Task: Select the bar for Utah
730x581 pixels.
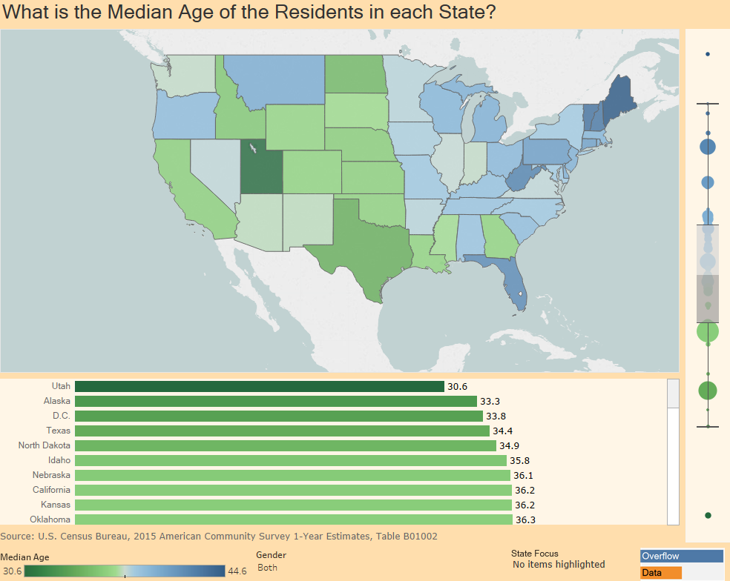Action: click(x=259, y=386)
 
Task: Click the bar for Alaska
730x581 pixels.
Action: click(x=275, y=401)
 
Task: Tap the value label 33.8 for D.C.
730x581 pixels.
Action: click(x=496, y=416)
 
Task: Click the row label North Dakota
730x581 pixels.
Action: click(x=45, y=445)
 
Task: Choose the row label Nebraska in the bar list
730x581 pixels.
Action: click(x=51, y=475)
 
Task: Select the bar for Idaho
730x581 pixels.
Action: click(x=290, y=460)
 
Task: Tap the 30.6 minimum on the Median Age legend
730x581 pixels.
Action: click(x=13, y=571)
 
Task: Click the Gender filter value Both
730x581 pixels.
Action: click(x=267, y=567)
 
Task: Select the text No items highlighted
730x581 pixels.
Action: click(x=559, y=565)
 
